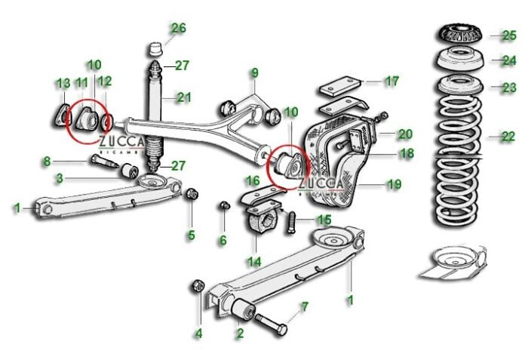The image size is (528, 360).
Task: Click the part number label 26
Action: coord(178,28)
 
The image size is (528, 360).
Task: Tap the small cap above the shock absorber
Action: coord(155,49)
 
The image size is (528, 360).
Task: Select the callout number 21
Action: coord(184,97)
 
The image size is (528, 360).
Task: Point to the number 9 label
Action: coord(255,73)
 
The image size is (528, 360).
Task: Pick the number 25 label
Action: coord(509,35)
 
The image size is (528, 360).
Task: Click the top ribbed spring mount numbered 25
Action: coord(460,34)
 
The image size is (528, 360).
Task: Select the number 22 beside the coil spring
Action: coord(508,137)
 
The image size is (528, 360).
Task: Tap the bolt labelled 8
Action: coord(104,161)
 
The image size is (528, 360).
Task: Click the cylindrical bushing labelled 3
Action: coord(129,171)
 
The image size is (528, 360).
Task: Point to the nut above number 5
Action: coord(192,193)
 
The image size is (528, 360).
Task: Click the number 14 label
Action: coord(254,262)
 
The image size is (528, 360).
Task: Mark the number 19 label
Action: coord(394,184)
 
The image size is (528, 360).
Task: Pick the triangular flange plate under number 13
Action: coord(62,116)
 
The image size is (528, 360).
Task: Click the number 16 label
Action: coord(253,181)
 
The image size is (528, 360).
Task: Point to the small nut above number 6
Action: coord(224,205)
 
